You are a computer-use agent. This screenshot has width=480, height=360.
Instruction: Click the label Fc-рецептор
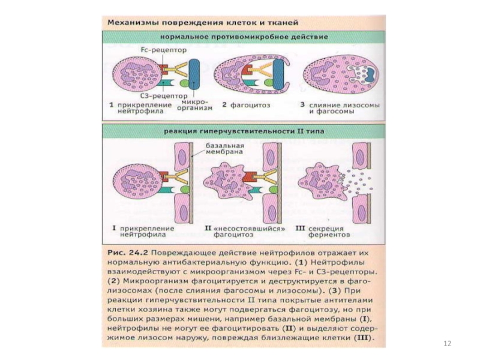coord(164,50)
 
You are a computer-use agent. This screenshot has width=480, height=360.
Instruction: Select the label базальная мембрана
coord(224,148)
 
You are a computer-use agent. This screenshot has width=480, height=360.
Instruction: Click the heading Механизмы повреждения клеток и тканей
coord(203,23)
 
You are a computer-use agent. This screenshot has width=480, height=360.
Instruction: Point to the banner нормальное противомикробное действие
coord(244,37)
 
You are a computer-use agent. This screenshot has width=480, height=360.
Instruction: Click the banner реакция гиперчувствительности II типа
coord(244,131)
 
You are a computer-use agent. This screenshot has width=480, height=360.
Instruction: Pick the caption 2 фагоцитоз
coord(246,105)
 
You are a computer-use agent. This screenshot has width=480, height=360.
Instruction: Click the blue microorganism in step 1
coord(194,74)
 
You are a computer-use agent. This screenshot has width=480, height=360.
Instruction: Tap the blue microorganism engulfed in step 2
coord(278,74)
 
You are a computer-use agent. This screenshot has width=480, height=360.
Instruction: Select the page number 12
coord(447,343)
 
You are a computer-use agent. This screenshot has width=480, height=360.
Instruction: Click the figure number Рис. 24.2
coord(128,253)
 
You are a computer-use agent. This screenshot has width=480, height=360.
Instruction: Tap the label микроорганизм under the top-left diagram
coord(194,104)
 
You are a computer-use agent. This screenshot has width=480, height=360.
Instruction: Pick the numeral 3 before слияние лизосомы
coord(302,104)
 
